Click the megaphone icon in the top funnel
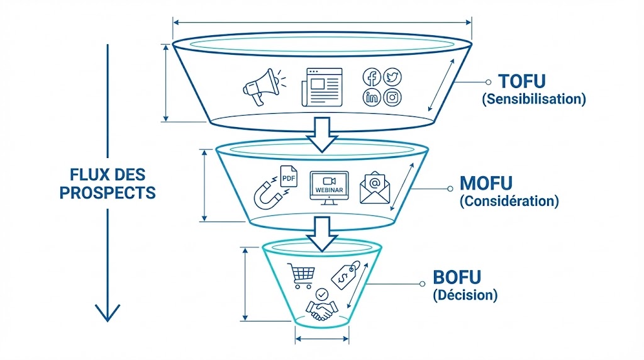pos(260,87)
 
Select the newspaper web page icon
pos(321,87)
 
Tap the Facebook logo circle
pos(372,78)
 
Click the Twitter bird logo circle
pos(392,77)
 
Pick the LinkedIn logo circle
pos(372,97)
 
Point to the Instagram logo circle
pos(392,97)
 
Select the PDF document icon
pos(289,177)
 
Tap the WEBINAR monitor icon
pos(328,188)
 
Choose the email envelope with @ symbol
pos(375,188)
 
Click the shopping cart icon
pos(300,275)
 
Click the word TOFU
pos(521,81)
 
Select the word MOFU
pos(486,184)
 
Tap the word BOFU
pos(457,278)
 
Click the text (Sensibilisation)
pos(533,99)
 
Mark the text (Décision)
pos(465,295)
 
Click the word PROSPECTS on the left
pos(108,193)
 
